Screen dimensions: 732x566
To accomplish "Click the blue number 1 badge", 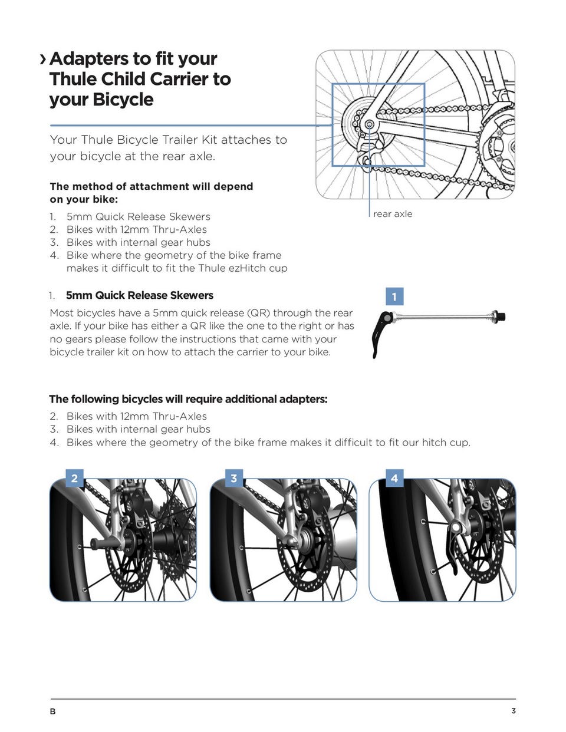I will [394, 296].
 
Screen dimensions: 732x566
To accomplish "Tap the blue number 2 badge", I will [74, 478].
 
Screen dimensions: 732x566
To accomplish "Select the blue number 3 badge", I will [234, 478].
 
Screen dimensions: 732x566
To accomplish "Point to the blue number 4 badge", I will [394, 478].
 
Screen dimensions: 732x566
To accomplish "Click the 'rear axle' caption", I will [393, 214].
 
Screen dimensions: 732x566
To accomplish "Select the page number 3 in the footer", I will [514, 711].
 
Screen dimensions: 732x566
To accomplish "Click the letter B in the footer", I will [53, 711].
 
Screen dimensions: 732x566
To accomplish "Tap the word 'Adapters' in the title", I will [88, 59].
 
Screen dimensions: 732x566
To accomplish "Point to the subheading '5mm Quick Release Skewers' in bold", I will [140, 295].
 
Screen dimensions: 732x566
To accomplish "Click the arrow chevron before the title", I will [42, 59].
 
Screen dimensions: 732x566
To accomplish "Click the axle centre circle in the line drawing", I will [369, 125].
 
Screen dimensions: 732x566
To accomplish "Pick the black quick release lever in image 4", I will [451, 548].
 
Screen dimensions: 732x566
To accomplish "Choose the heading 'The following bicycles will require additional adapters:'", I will [188, 399].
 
